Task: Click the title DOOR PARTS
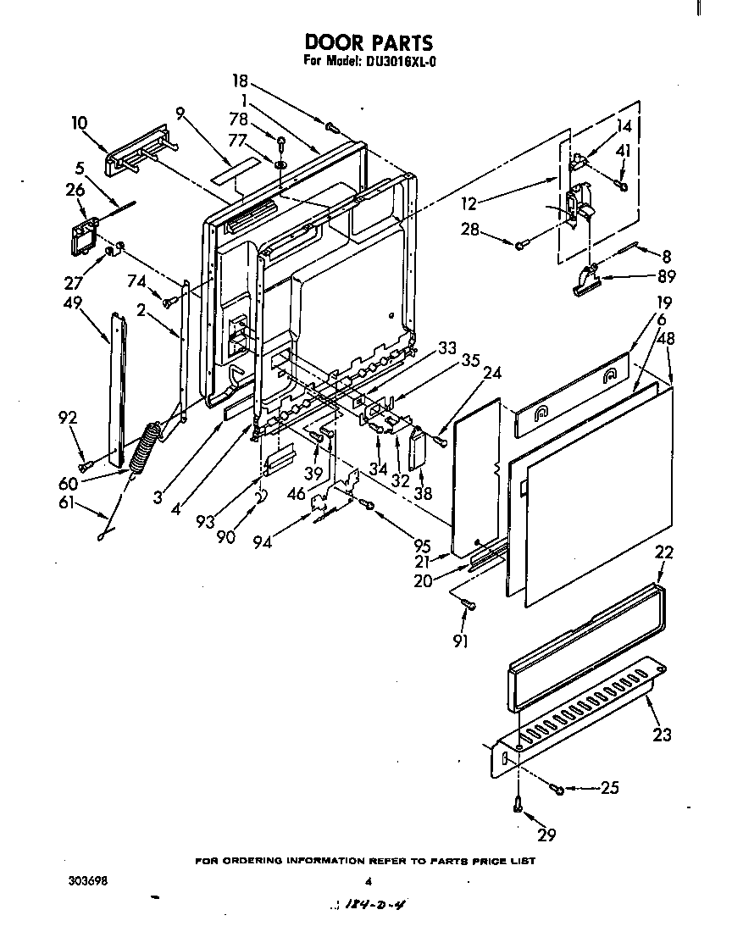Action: (x=368, y=42)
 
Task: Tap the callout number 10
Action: (x=79, y=123)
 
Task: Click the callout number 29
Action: (x=546, y=835)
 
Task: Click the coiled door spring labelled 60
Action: (x=146, y=444)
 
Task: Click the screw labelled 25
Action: (x=558, y=789)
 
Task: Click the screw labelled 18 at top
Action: (x=332, y=127)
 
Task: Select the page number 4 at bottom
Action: (x=368, y=881)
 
